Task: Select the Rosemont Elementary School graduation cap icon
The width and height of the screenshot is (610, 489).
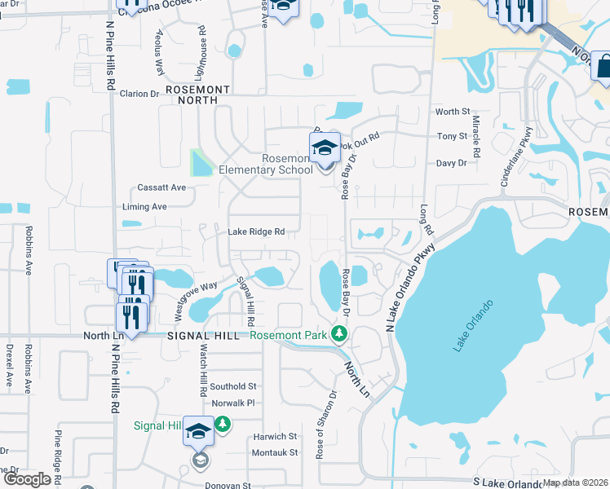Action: [x=325, y=148]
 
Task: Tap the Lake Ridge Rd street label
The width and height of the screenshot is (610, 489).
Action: [x=256, y=232]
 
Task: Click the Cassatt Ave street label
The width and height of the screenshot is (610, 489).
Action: [x=161, y=187]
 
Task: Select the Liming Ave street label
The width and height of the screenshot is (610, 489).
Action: [x=144, y=207]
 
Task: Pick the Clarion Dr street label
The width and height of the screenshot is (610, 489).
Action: [x=139, y=94]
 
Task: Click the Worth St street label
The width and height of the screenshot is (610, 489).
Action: [x=453, y=112]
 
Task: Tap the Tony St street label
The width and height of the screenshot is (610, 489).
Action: [x=452, y=136]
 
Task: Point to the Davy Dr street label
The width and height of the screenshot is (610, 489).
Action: [x=451, y=163]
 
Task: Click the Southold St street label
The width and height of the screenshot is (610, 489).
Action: [x=233, y=386]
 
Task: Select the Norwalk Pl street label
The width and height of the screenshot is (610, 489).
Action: [x=233, y=403]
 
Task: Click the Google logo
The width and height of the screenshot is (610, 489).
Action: [x=27, y=479]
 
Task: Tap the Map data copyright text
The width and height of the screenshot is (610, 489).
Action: [x=574, y=482]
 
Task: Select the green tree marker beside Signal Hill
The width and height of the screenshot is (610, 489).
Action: [x=221, y=425]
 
